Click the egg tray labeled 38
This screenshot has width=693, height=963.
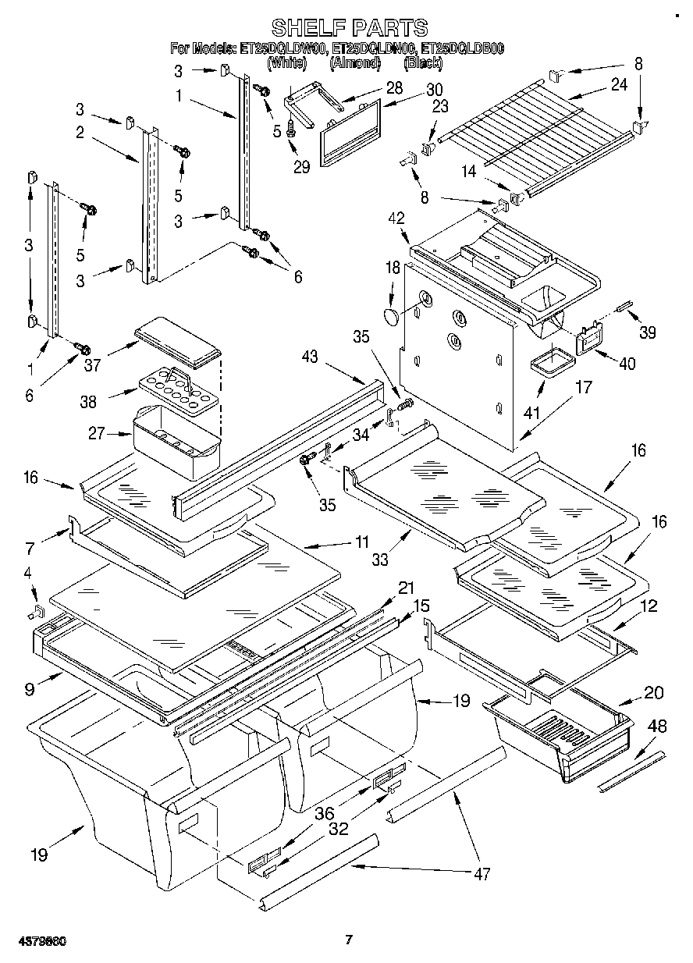[x=171, y=385]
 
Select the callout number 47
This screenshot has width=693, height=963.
[x=482, y=874]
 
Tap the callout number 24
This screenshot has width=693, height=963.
[x=619, y=85]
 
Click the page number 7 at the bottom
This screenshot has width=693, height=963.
[x=349, y=940]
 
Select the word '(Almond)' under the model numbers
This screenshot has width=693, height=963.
[x=354, y=62]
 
